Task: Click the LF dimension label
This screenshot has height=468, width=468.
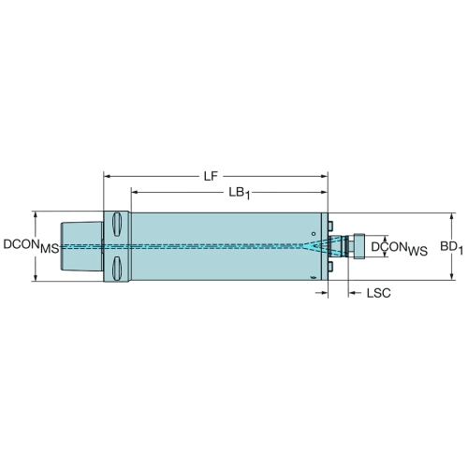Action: (x=211, y=176)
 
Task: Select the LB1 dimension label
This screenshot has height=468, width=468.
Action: (x=240, y=194)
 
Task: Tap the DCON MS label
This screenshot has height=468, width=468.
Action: (x=31, y=246)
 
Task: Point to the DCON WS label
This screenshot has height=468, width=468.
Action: (x=400, y=249)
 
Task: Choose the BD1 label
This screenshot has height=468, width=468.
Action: (x=451, y=248)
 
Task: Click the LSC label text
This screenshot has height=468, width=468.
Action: (x=378, y=293)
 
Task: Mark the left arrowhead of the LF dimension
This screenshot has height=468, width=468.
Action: (x=108, y=176)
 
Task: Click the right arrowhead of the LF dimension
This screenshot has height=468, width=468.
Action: (x=324, y=176)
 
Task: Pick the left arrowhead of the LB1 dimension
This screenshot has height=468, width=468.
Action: (x=135, y=192)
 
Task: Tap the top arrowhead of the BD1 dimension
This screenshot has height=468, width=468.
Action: (x=451, y=217)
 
